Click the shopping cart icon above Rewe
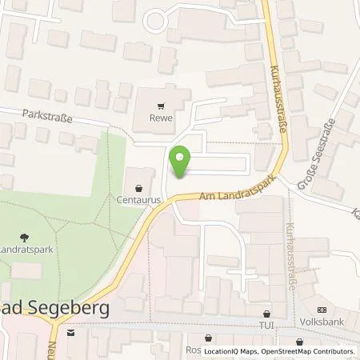pyautogui.click(x=162, y=106)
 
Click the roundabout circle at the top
pyautogui.click(x=154, y=20)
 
